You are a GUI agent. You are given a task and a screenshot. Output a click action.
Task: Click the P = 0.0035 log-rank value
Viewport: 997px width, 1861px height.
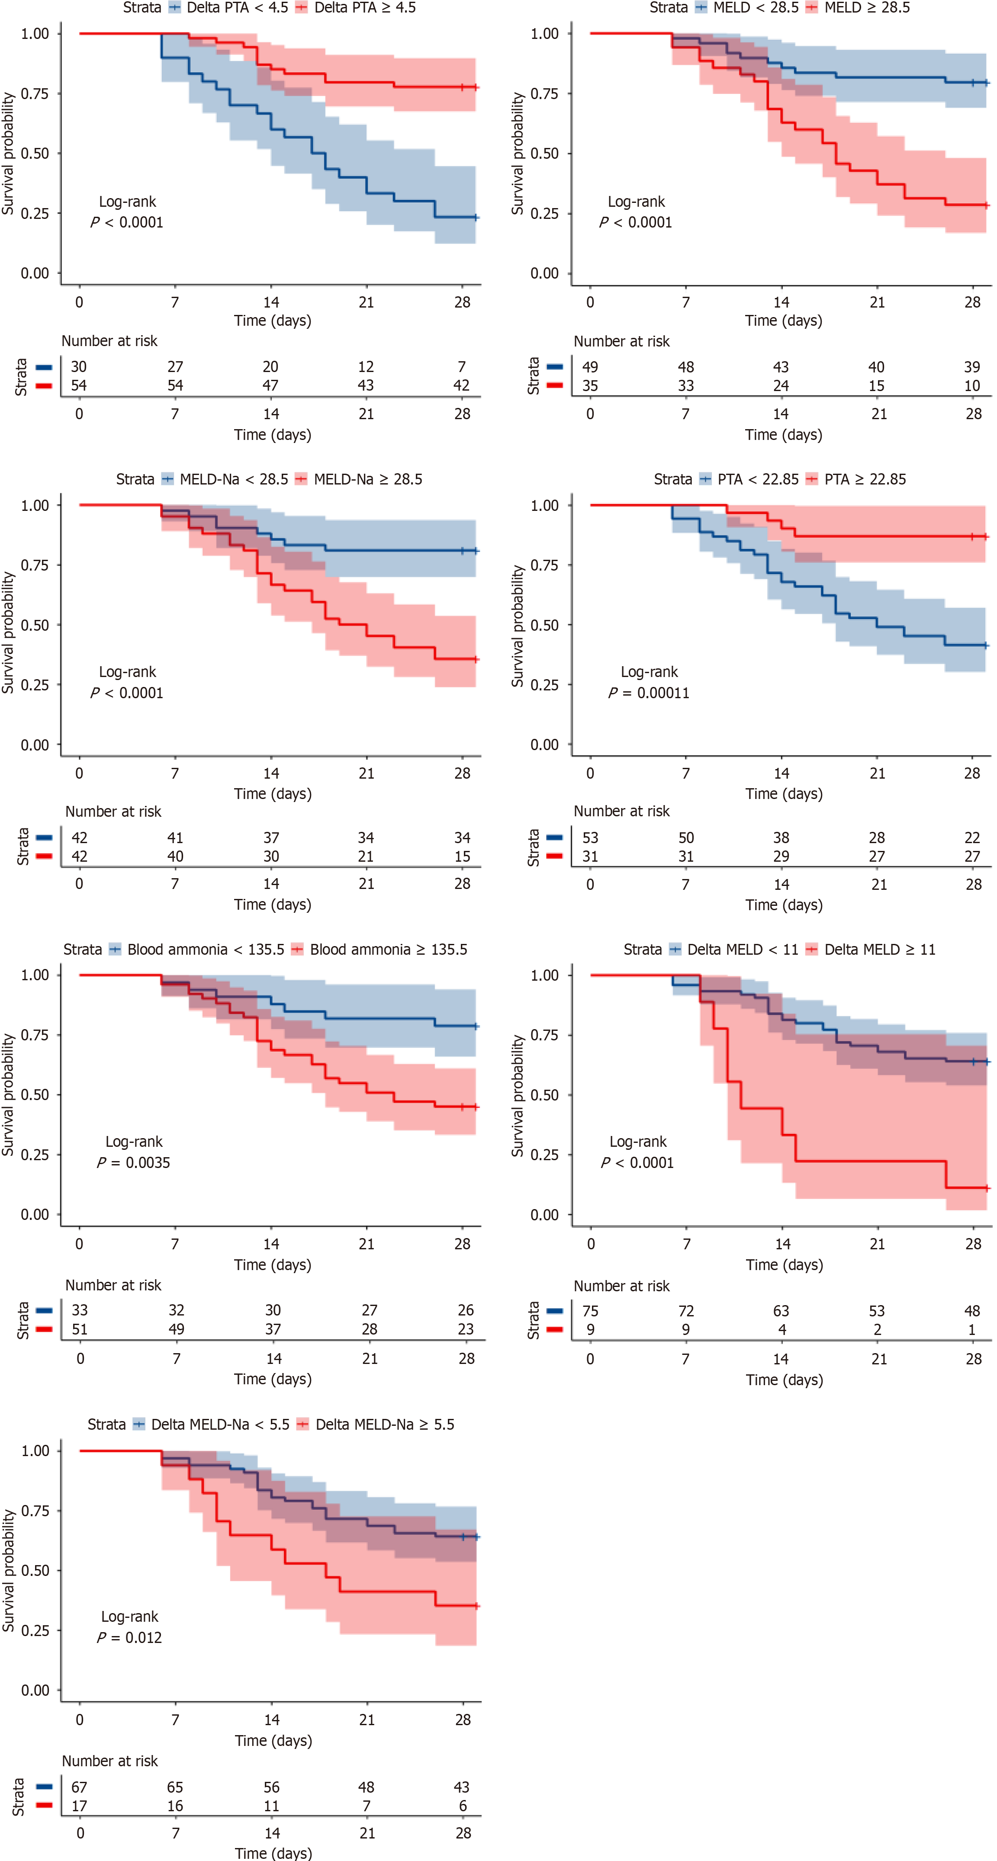click(x=134, y=1162)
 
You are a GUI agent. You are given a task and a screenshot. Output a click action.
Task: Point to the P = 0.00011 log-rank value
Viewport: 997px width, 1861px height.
click(x=649, y=693)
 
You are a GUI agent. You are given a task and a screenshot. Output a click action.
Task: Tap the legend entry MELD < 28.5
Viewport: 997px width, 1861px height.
click(x=747, y=8)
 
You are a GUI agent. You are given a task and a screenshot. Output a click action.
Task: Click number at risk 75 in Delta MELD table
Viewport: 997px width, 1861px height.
click(x=590, y=1310)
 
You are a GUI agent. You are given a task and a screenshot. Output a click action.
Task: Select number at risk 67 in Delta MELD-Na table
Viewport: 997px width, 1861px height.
click(x=80, y=1787)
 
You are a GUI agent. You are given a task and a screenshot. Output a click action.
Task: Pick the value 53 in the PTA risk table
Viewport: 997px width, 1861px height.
click(x=590, y=837)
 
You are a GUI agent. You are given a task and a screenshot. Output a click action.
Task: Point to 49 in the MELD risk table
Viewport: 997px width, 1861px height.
click(x=590, y=367)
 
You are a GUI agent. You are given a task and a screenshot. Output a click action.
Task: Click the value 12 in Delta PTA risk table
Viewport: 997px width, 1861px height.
click(x=366, y=367)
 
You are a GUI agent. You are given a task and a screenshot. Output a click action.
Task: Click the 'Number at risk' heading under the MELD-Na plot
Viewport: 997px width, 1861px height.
click(x=113, y=811)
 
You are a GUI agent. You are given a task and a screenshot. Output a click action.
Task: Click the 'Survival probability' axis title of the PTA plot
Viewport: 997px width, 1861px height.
click(x=517, y=626)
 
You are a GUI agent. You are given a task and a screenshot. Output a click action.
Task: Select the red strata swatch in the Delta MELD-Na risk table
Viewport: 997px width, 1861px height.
click(x=44, y=1805)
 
